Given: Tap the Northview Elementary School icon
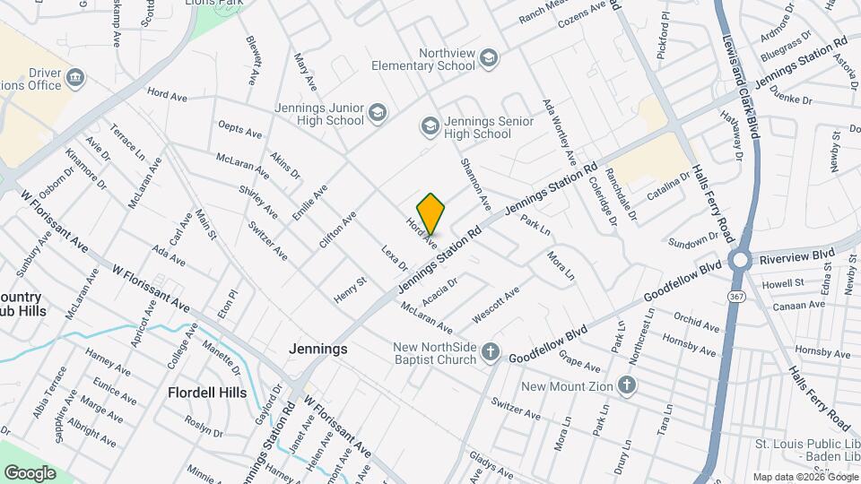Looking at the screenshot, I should click(x=489, y=59).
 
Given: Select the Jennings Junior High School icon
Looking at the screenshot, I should click(x=378, y=113).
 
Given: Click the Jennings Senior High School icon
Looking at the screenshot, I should click(x=430, y=126).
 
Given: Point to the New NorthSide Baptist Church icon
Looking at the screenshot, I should click(x=490, y=352).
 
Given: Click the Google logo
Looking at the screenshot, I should click(x=30, y=472).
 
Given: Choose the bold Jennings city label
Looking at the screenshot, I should click(x=317, y=349).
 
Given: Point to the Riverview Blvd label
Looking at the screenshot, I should click(x=796, y=256).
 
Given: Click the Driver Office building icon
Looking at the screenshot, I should click(x=76, y=77).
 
